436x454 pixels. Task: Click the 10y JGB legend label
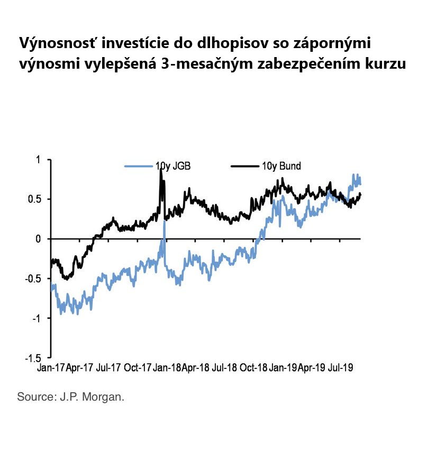click(173, 166)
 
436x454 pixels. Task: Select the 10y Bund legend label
click(281, 166)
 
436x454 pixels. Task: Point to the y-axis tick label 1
click(38, 160)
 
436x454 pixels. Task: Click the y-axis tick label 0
click(38, 239)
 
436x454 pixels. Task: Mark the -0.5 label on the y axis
click(33, 279)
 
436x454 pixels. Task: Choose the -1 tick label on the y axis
click(36, 318)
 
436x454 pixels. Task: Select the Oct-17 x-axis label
click(138, 367)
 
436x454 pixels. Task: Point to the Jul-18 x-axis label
click(224, 367)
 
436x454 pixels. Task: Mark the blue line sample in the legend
click(139, 166)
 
